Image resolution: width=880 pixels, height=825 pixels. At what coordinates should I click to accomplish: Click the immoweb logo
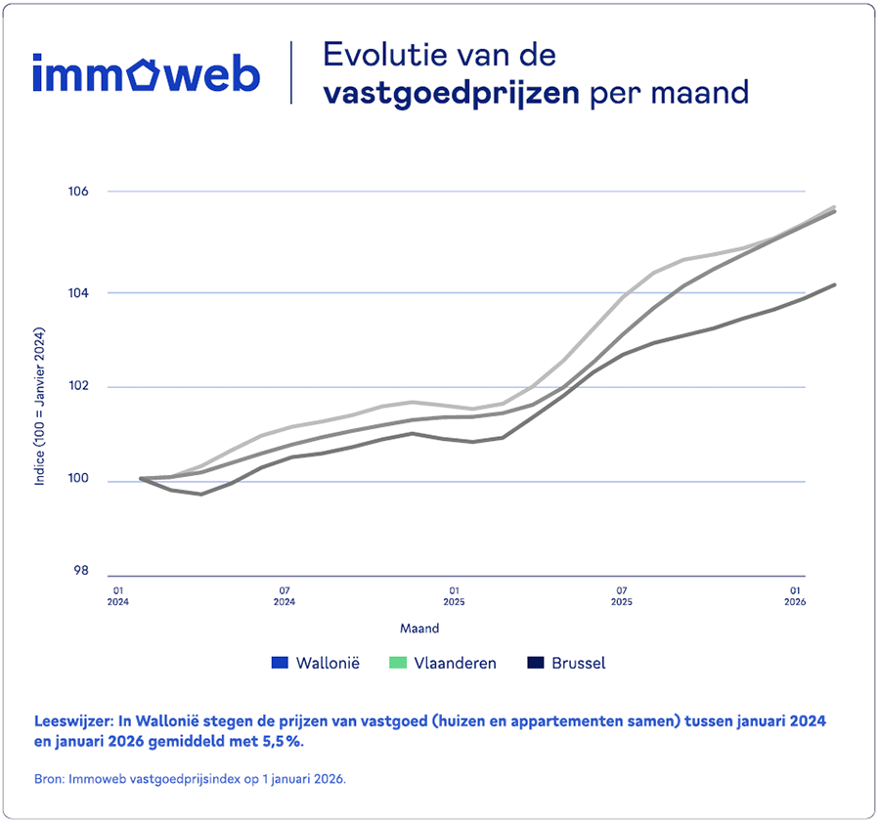146,74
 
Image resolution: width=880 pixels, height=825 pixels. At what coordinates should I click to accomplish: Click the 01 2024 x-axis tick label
116,596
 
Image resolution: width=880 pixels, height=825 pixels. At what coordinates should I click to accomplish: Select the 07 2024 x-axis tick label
285,596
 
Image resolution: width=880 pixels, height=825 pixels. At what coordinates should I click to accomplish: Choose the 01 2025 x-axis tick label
454,596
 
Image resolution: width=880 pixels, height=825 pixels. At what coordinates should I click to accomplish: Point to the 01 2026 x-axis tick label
795,596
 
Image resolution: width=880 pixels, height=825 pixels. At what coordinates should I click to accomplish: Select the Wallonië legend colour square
280,664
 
